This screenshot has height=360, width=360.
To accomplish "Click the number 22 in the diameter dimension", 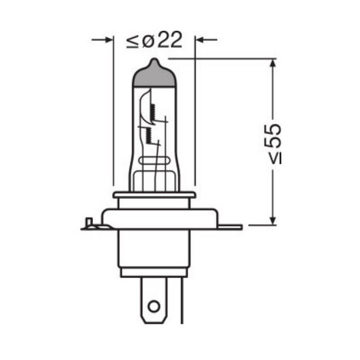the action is [170, 40].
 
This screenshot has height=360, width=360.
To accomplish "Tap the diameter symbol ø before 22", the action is [148, 41].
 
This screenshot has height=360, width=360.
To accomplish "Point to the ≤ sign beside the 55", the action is [276, 158].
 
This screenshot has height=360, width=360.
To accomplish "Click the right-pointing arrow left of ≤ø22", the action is [102, 39].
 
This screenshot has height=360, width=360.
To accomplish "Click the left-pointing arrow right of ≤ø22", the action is [206, 39].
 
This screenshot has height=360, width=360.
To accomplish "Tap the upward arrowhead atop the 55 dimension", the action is [273, 64].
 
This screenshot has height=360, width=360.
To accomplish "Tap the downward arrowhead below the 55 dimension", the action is [273, 220].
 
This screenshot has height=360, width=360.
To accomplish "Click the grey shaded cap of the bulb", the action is [154, 76].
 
